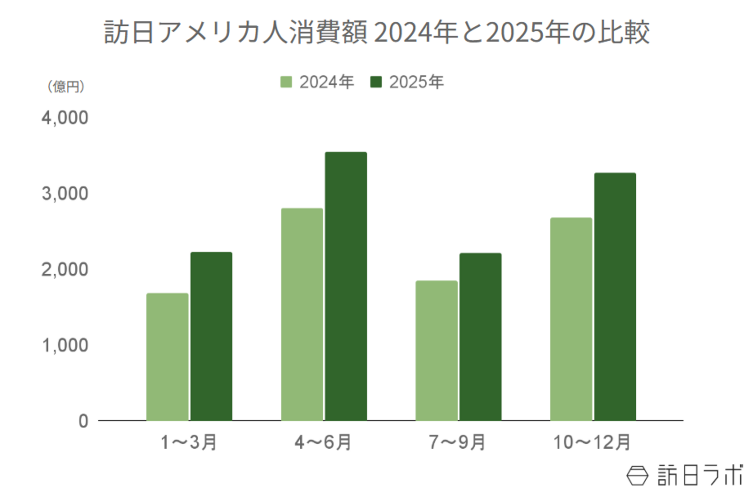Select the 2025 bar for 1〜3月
coord(211,336)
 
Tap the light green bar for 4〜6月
coord(302,314)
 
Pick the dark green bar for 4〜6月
coord(346,286)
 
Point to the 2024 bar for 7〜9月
coord(436,350)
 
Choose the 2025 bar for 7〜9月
coord(481,336)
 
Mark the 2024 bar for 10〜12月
coord(571,319)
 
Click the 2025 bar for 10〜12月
coord(615,296)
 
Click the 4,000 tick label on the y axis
coord(64,118)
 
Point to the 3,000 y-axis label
coord(64,194)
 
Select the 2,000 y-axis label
coord(64,270)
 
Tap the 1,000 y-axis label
coord(64,345)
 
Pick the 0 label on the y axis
coord(83,421)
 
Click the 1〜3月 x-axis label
coord(189,442)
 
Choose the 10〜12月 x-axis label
coord(592,442)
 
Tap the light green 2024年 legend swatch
coord(286,82)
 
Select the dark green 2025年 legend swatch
coord(376,82)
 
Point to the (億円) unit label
coord(66,87)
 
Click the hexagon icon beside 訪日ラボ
coord(637,475)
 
